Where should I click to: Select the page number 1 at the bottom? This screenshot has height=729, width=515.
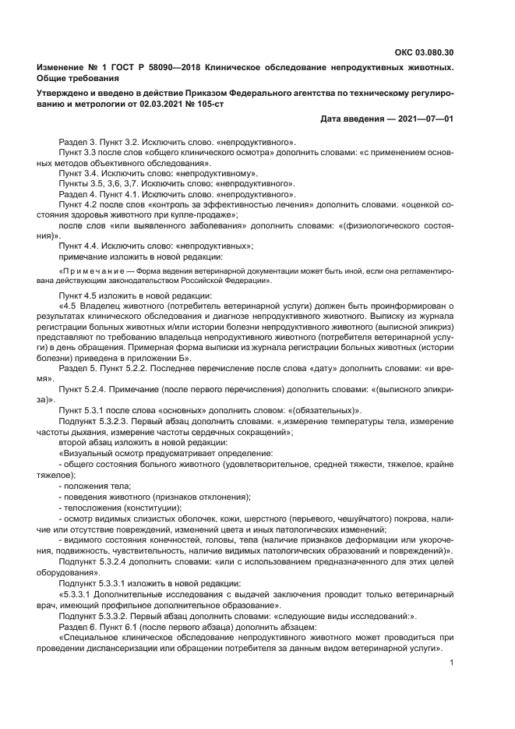(452, 663)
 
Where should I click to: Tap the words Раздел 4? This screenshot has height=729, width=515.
(77, 194)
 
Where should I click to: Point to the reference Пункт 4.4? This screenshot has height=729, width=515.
(78, 246)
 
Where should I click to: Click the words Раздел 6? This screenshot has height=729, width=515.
(77, 626)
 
